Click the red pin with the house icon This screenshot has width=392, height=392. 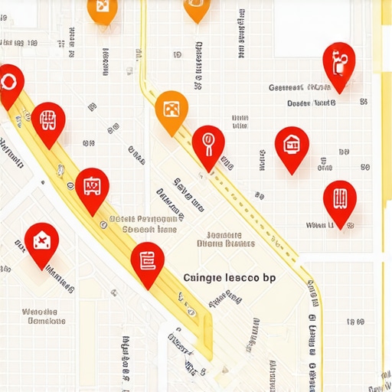pyautogui.click(x=292, y=143)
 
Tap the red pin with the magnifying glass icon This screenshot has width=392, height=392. pyautogui.click(x=208, y=142)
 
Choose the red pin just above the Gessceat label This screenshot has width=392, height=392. pyautogui.click(x=338, y=61)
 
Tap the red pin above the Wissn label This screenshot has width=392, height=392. pyautogui.click(x=339, y=198)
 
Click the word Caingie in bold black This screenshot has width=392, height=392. pyautogui.click(x=203, y=278)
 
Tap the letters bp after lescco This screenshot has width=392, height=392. pyautogui.click(x=269, y=279)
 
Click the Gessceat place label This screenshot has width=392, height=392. pyautogui.click(x=293, y=87)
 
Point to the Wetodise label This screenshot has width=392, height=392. pyautogui.click(x=40, y=312)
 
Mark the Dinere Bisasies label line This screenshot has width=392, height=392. pyautogui.click(x=225, y=244)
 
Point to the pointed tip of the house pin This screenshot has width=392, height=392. pyautogui.click(x=292, y=172)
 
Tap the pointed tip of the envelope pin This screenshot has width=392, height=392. pyautogui.click(x=41, y=269)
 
